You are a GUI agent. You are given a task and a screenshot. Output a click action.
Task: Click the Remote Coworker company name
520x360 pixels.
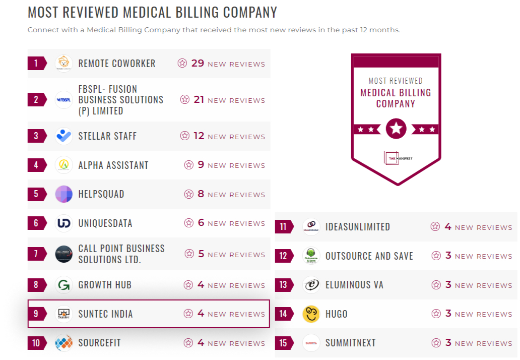117,64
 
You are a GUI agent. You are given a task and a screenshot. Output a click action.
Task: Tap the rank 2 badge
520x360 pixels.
36,100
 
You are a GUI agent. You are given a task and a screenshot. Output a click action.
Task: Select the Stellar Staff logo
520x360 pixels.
64,136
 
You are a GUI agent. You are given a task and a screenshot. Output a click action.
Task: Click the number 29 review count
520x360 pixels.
198,64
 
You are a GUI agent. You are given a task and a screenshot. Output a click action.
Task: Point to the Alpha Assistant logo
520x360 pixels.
64,165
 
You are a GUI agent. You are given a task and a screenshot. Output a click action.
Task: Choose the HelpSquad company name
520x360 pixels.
101,194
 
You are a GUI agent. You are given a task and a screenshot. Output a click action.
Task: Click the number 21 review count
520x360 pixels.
199,100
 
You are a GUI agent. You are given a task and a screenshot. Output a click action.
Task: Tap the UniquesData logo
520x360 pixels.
64,223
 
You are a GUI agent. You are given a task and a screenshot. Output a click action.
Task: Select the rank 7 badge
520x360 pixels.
36,254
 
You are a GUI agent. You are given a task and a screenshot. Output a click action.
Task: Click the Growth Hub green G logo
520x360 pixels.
64,285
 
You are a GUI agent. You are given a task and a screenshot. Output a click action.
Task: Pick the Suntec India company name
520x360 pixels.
106,314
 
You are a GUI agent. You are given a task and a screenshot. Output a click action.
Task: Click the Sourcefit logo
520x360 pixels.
64,343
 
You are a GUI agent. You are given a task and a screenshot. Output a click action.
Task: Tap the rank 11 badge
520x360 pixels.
283,227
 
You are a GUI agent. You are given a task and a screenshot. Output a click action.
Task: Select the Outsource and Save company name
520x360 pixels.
369,256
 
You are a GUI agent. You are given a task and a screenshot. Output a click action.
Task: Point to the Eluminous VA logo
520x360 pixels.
311,285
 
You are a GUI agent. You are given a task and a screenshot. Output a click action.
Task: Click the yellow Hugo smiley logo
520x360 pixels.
311,314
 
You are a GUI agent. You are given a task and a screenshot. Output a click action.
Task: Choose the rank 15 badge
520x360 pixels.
283,343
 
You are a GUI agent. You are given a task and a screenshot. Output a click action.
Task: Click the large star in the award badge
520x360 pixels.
396,129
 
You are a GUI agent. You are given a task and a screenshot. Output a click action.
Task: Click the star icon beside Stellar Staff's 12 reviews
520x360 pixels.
185,136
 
